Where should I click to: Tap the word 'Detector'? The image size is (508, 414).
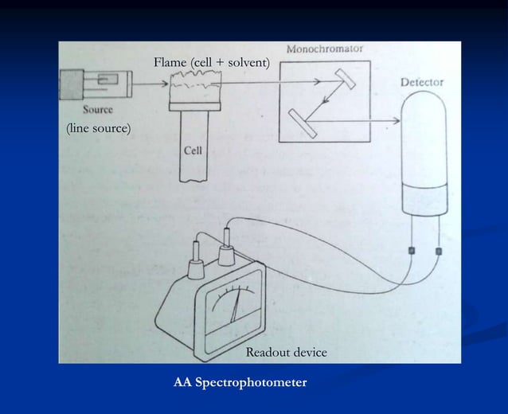click(x=421, y=82)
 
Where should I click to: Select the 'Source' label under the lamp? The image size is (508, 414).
click(x=96, y=109)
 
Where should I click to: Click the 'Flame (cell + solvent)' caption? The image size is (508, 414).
click(x=212, y=62)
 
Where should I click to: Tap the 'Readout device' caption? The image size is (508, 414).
click(x=286, y=352)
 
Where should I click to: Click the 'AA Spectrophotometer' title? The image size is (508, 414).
click(x=240, y=383)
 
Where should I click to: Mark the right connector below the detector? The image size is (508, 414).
click(x=439, y=252)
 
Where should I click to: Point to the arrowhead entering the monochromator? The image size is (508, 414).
click(x=316, y=80)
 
